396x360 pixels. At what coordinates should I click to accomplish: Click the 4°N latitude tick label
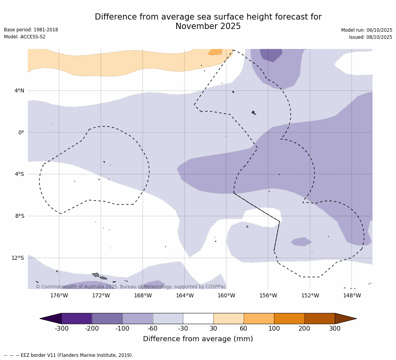coord(19,91)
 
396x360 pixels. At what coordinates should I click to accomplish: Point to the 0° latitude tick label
coord(21,132)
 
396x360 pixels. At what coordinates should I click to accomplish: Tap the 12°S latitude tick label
coord(18,258)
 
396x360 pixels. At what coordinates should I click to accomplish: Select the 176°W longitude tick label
coord(59,295)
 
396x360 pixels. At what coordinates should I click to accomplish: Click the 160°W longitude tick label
coord(226,295)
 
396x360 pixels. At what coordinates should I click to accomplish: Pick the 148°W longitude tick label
coord(352,295)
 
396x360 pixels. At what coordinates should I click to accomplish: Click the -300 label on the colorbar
coord(61,329)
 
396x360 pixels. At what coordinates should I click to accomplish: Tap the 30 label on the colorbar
coord(213,329)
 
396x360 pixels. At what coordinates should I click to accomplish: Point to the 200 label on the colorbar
coord(304,329)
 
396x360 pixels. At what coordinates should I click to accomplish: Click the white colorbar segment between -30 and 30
coord(198,318)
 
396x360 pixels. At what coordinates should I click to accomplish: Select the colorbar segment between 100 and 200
coord(289,318)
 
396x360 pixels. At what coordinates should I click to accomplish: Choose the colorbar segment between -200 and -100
coord(107,318)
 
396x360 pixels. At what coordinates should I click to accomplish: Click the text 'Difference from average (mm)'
coord(198,339)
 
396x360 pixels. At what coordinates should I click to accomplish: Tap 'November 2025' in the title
coord(208,27)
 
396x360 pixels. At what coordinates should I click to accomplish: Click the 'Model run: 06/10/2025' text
coord(367,30)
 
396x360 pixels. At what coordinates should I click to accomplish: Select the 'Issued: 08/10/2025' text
coord(371,37)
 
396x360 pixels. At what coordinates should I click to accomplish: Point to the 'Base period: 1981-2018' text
coord(31,30)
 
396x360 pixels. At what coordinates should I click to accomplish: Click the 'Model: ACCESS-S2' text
coord(25,37)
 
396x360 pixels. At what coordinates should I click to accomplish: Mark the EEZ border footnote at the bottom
coord(69,355)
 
